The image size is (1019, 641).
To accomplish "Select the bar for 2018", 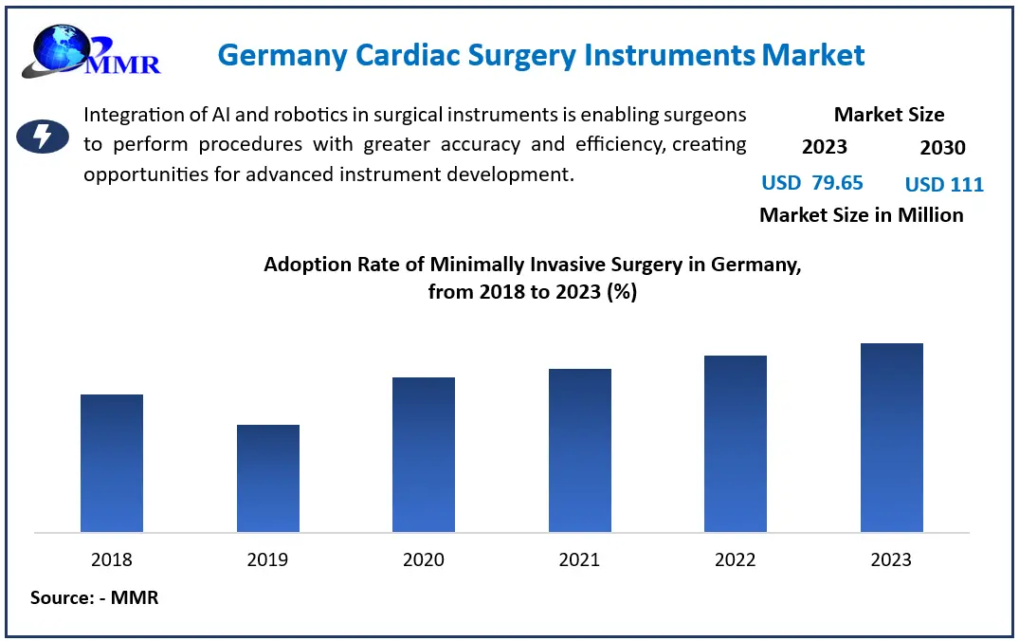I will (x=112, y=463).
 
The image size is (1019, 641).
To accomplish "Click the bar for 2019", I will (x=268, y=478).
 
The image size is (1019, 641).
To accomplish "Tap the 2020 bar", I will (x=424, y=454).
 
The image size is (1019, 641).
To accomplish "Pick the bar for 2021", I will (x=579, y=450).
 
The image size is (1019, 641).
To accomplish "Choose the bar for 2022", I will (x=736, y=444).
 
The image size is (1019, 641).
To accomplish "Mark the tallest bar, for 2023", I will (x=891, y=437).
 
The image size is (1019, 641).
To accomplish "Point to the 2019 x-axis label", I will (x=267, y=559).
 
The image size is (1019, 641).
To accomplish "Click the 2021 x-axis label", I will (x=579, y=559).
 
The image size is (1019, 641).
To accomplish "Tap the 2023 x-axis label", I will (x=891, y=559).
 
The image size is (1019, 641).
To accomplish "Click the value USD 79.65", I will (x=812, y=183).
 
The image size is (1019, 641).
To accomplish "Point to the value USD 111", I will (x=944, y=184).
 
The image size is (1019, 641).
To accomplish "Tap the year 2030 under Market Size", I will (x=942, y=148).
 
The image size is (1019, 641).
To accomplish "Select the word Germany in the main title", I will (x=282, y=55).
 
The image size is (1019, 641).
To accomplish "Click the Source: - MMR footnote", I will (x=94, y=598).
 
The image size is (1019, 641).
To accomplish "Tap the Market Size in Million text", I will (x=861, y=215).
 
